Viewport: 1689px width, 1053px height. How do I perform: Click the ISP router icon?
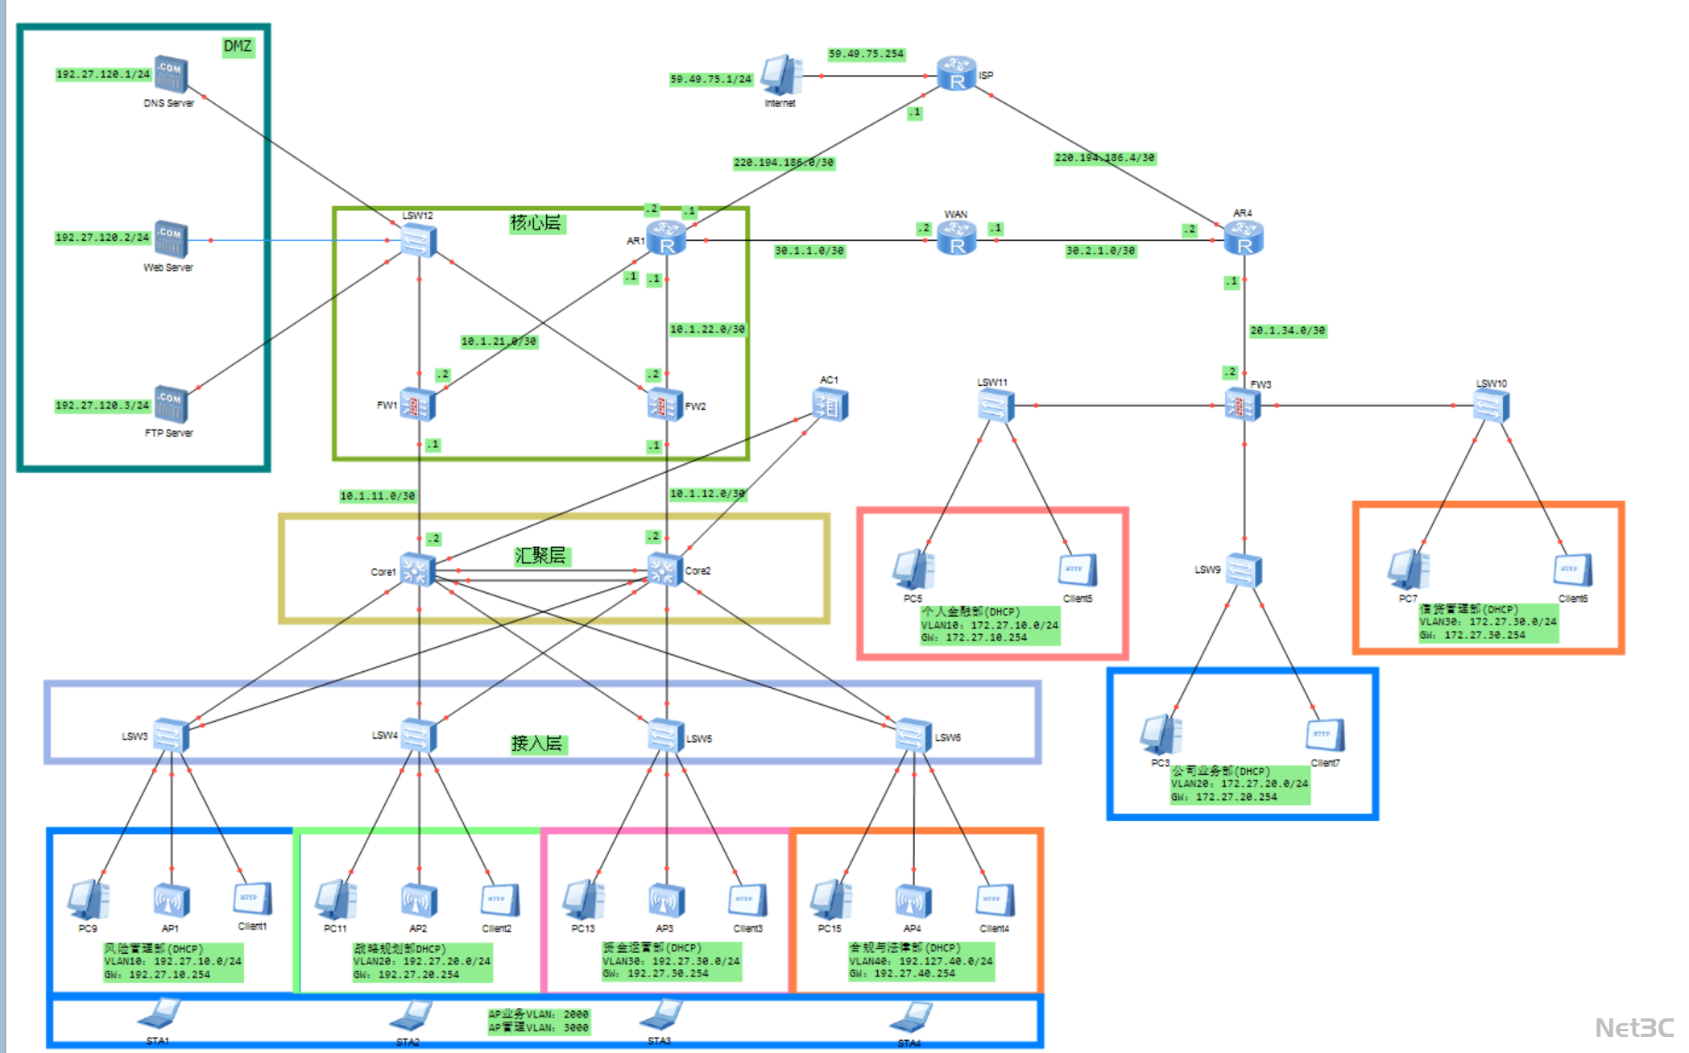point(957,74)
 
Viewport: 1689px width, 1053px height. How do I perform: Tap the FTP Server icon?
point(171,404)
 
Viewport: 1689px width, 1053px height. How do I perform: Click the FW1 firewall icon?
point(417,404)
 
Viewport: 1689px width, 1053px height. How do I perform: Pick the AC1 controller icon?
point(830,404)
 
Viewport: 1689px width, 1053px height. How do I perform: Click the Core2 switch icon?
point(664,570)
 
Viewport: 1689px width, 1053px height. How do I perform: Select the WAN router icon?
point(957,238)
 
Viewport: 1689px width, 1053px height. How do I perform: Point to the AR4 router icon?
point(1244,238)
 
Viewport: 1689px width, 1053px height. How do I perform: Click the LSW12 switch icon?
point(419,240)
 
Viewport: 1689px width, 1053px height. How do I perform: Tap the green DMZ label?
point(238,46)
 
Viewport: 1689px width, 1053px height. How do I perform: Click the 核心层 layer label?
point(536,222)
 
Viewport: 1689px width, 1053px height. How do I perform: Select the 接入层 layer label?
point(537,744)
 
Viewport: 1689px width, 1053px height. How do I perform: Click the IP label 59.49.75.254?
point(866,54)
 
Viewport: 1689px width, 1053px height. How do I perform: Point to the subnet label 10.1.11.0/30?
point(377,495)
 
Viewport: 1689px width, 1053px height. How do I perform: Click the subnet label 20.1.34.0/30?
point(1287,330)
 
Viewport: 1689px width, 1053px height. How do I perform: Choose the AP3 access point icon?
point(666,901)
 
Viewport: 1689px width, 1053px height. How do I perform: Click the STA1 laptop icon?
point(159,1014)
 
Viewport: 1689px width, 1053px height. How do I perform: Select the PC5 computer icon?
point(913,570)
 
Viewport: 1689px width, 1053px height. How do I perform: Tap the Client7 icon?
point(1325,735)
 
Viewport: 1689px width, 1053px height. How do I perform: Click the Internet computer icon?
point(780,76)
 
